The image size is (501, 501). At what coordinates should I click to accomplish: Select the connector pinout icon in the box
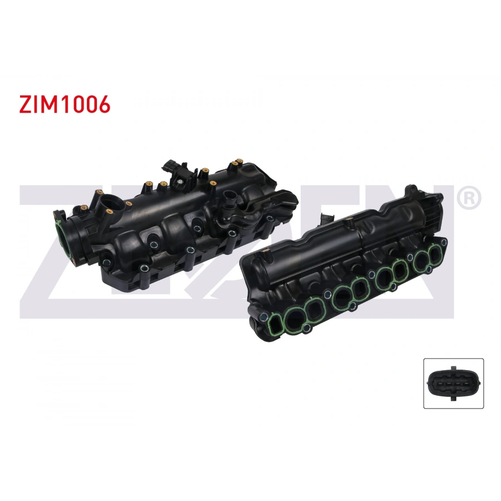[454, 384]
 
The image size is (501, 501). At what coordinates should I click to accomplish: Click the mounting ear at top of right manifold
[412, 193]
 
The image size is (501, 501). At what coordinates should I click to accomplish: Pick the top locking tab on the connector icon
[454, 368]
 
